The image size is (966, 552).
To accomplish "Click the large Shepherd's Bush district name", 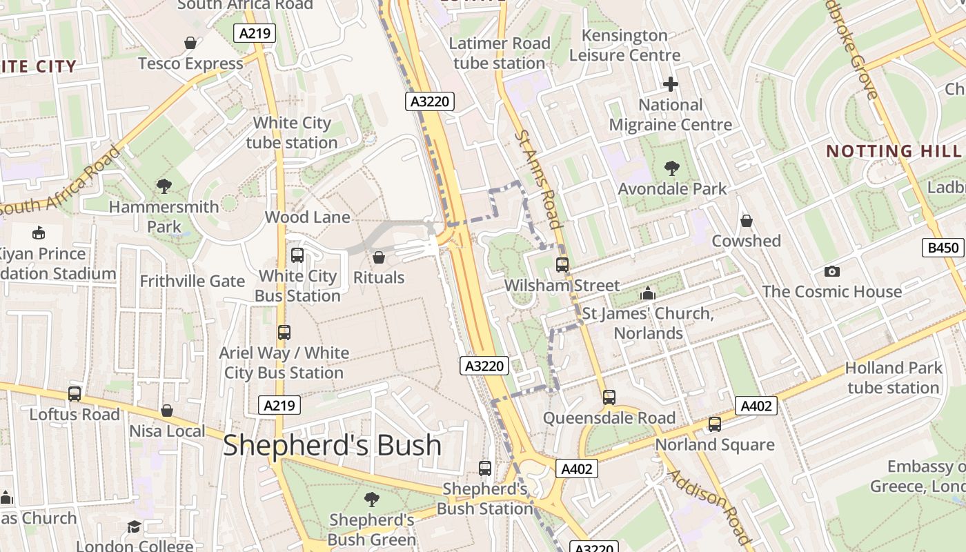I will point(332,446).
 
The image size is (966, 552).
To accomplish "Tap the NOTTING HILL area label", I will point(894,151).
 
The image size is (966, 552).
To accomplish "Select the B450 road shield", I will point(943,248).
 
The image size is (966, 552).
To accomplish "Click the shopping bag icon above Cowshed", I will point(746,221).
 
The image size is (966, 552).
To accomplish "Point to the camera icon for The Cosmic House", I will point(831,271).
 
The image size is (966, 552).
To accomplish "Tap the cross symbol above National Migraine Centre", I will point(670,85).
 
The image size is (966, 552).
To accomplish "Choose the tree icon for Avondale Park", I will point(671,168).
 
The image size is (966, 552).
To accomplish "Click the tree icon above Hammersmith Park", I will point(164,186).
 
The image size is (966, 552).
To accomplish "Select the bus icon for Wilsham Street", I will point(562,264).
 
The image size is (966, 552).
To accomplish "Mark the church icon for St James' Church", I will point(647,294).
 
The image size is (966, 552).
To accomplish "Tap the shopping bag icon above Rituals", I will point(378,257).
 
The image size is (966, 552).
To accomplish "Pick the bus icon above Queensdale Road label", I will point(609,397).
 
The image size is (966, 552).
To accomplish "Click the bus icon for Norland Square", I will point(715,424).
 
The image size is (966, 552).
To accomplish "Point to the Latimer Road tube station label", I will point(500,53).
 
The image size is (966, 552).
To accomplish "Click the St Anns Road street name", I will point(538,178).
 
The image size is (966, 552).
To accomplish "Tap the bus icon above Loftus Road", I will point(75,394).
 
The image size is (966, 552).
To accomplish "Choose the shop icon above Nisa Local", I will point(167,411).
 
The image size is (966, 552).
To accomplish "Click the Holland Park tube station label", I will point(894,377).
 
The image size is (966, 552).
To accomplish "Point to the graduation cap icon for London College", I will point(134,527).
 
